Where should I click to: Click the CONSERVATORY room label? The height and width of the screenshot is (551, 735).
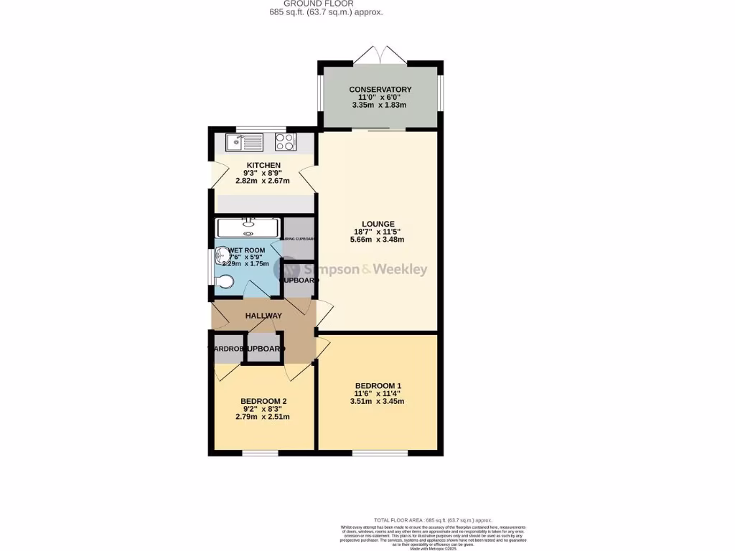point(380,89)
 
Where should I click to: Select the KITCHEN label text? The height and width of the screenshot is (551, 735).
point(263,166)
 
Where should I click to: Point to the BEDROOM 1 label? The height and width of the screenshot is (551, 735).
point(378,386)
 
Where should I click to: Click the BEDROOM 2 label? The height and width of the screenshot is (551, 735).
point(263,401)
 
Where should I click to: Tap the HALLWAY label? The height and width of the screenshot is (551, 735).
point(263,316)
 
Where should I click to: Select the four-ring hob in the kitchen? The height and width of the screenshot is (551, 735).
point(285,142)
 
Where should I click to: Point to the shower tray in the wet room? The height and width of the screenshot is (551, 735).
point(248,228)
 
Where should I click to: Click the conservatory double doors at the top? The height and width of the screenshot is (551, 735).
point(381,55)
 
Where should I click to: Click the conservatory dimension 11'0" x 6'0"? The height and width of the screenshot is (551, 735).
point(380,97)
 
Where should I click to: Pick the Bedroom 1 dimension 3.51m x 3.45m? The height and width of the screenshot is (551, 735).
point(378,402)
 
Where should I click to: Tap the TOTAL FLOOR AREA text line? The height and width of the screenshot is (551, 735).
point(432,519)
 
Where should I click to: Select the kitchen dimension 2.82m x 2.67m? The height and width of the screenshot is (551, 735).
point(263,181)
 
